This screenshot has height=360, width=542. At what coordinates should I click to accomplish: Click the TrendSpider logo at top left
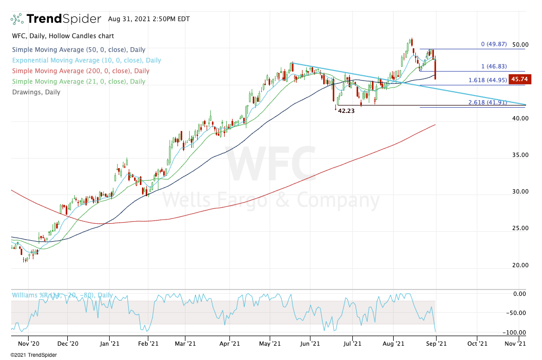pos(56,19)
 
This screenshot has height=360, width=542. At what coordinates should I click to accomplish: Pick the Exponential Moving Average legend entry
pos(86,60)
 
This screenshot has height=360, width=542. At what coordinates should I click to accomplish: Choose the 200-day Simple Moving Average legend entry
pos(81,71)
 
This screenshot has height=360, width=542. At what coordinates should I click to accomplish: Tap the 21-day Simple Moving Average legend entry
pos(78,82)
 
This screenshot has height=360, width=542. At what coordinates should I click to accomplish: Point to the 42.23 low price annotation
pos(346,111)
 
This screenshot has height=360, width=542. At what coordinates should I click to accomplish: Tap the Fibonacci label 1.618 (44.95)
pos(487,81)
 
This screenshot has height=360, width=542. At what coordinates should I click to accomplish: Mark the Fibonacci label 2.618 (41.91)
pos(487,102)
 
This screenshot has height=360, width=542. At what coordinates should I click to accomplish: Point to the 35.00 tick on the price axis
pos(521,155)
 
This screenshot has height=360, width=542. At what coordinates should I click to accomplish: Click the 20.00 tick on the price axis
pos(521,265)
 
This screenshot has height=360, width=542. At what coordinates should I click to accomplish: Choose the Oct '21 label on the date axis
pos(477,344)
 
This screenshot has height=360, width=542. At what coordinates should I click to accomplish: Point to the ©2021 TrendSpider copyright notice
pos(31,355)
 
